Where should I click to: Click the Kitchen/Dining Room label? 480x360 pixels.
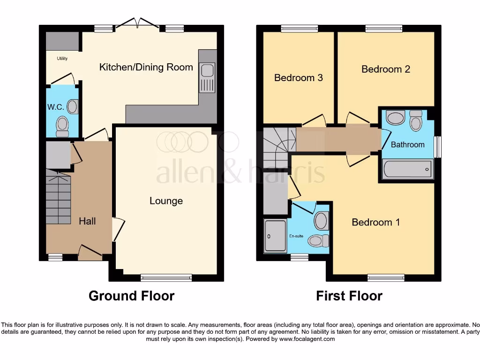tap(146, 67)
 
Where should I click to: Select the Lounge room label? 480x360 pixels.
tap(166, 201)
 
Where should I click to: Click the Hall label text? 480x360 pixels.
tap(87, 221)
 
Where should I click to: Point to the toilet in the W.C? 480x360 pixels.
tap(62, 126)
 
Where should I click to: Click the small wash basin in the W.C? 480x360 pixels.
tap(72, 107)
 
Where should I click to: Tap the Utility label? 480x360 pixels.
tap(62, 59)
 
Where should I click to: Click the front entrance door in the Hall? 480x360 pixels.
tap(90, 254)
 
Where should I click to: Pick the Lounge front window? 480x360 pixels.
tap(166, 277)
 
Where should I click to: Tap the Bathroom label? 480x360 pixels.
tap(407, 144)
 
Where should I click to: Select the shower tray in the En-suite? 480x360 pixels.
tap(275, 236)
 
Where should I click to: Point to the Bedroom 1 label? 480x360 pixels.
tap(375, 222)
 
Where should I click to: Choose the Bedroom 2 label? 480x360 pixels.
tap(385, 69)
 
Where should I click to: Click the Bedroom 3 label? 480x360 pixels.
tap(298, 77)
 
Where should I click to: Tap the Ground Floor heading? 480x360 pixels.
tap(131, 296)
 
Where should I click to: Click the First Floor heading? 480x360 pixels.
tap(349, 296)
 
